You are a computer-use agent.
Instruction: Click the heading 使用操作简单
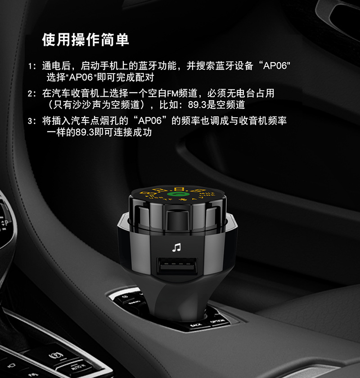click(x=85, y=40)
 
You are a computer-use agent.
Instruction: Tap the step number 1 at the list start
click(x=30, y=67)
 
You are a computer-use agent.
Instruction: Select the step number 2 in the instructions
click(x=30, y=94)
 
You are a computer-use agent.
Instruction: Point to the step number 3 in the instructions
click(x=30, y=121)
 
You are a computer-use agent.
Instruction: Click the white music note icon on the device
click(x=176, y=247)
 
